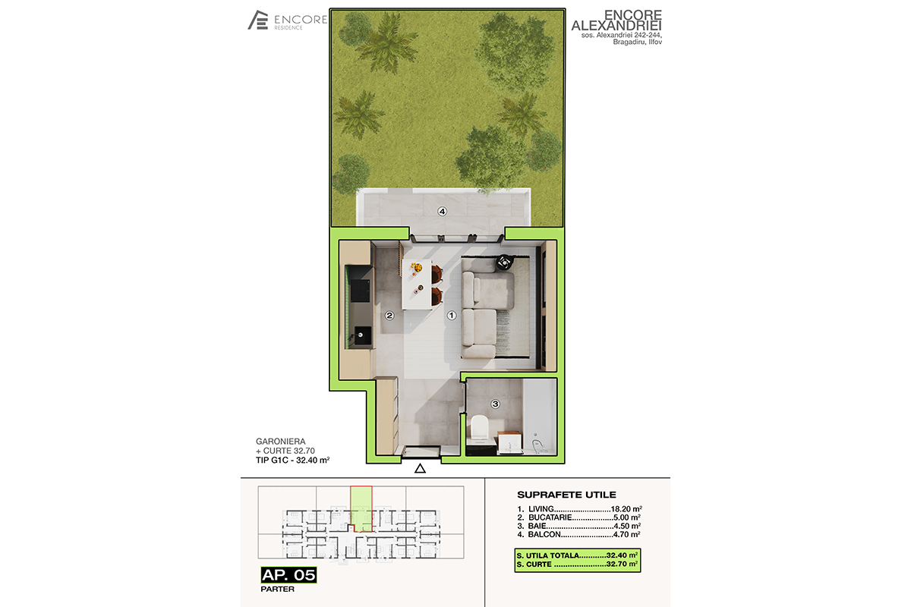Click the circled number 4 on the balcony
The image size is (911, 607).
pos(442,212)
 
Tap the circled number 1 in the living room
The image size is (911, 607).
pos(452,316)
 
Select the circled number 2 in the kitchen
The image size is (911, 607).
pos(389,316)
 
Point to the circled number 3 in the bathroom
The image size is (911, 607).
pos(495,404)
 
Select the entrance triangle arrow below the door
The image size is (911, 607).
pos(420,469)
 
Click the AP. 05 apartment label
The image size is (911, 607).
pos(288,575)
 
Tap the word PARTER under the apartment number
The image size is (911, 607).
pos(277,589)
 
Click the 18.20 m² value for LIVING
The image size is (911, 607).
pos(626,508)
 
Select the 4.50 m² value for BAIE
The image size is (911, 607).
pos(627,526)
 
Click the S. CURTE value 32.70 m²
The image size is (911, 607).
pos(622,565)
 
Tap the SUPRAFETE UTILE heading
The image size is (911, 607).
pos(566,495)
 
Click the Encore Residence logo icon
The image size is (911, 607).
pos(258,20)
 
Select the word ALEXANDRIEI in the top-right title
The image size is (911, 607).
pos(616,26)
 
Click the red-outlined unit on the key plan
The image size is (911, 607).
pos(361,508)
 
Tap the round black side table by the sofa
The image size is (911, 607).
pos(504,263)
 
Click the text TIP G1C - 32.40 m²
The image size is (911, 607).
pos(292,461)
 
